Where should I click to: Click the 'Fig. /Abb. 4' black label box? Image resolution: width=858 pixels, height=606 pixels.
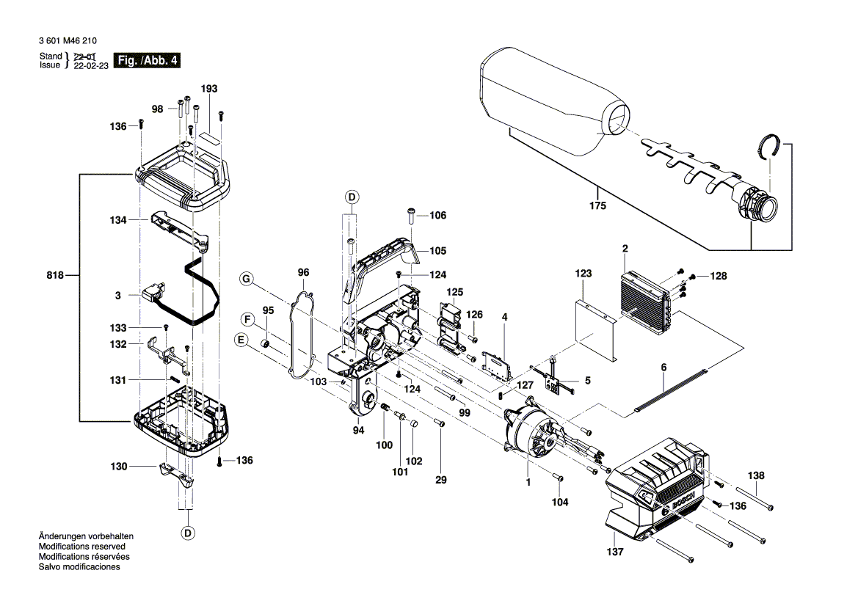(148, 60)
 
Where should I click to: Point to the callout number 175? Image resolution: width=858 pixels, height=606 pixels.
(597, 207)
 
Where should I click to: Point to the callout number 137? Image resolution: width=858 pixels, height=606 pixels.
(617, 552)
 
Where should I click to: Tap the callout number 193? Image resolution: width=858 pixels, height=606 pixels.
(208, 89)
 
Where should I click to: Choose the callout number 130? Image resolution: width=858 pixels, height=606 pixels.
(119, 467)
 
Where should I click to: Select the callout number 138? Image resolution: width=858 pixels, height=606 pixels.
(755, 476)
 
